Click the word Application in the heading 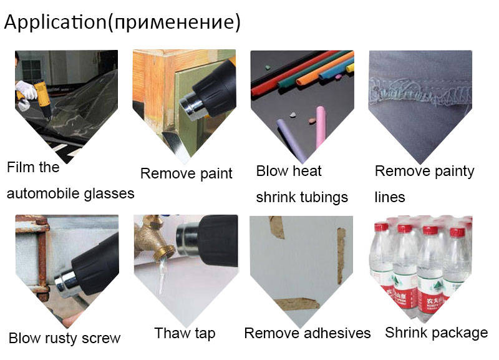(55, 22)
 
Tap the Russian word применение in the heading (175, 23)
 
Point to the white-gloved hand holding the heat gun (27, 89)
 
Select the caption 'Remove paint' (186, 174)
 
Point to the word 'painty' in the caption (455, 172)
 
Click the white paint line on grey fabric (420, 92)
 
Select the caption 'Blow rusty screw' (64, 338)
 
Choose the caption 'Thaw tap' (185, 334)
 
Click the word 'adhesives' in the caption (337, 333)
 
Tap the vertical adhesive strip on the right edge (341, 255)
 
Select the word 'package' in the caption (457, 333)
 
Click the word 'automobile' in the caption (43, 193)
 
